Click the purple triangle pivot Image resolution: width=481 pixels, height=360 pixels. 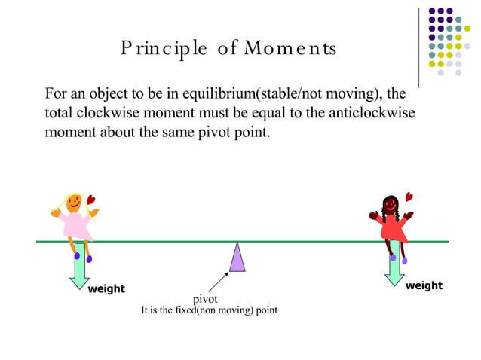click(237, 258)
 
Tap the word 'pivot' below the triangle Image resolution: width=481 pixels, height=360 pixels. click(205, 299)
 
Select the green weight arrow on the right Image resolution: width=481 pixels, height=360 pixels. click(394, 268)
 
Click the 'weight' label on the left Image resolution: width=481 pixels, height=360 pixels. click(106, 289)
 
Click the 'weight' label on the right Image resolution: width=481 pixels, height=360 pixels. click(424, 285)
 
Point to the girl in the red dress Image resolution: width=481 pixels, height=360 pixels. click(391, 222)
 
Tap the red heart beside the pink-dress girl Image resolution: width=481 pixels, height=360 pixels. click(91, 200)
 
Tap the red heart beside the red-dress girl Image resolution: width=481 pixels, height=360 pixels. click(409, 197)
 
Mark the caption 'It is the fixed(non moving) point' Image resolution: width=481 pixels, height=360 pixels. click(210, 311)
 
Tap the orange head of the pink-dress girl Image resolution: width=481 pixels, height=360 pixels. click(74, 202)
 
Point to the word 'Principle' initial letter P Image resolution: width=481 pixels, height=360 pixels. click(125, 50)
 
